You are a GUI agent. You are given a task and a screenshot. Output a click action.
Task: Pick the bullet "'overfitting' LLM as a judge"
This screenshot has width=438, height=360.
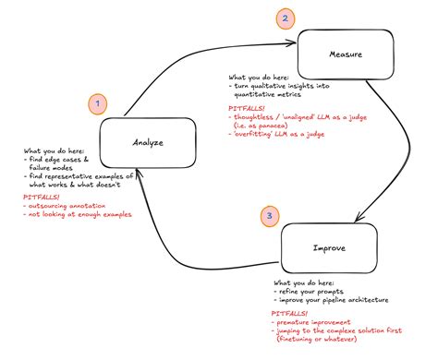coord(281,135)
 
